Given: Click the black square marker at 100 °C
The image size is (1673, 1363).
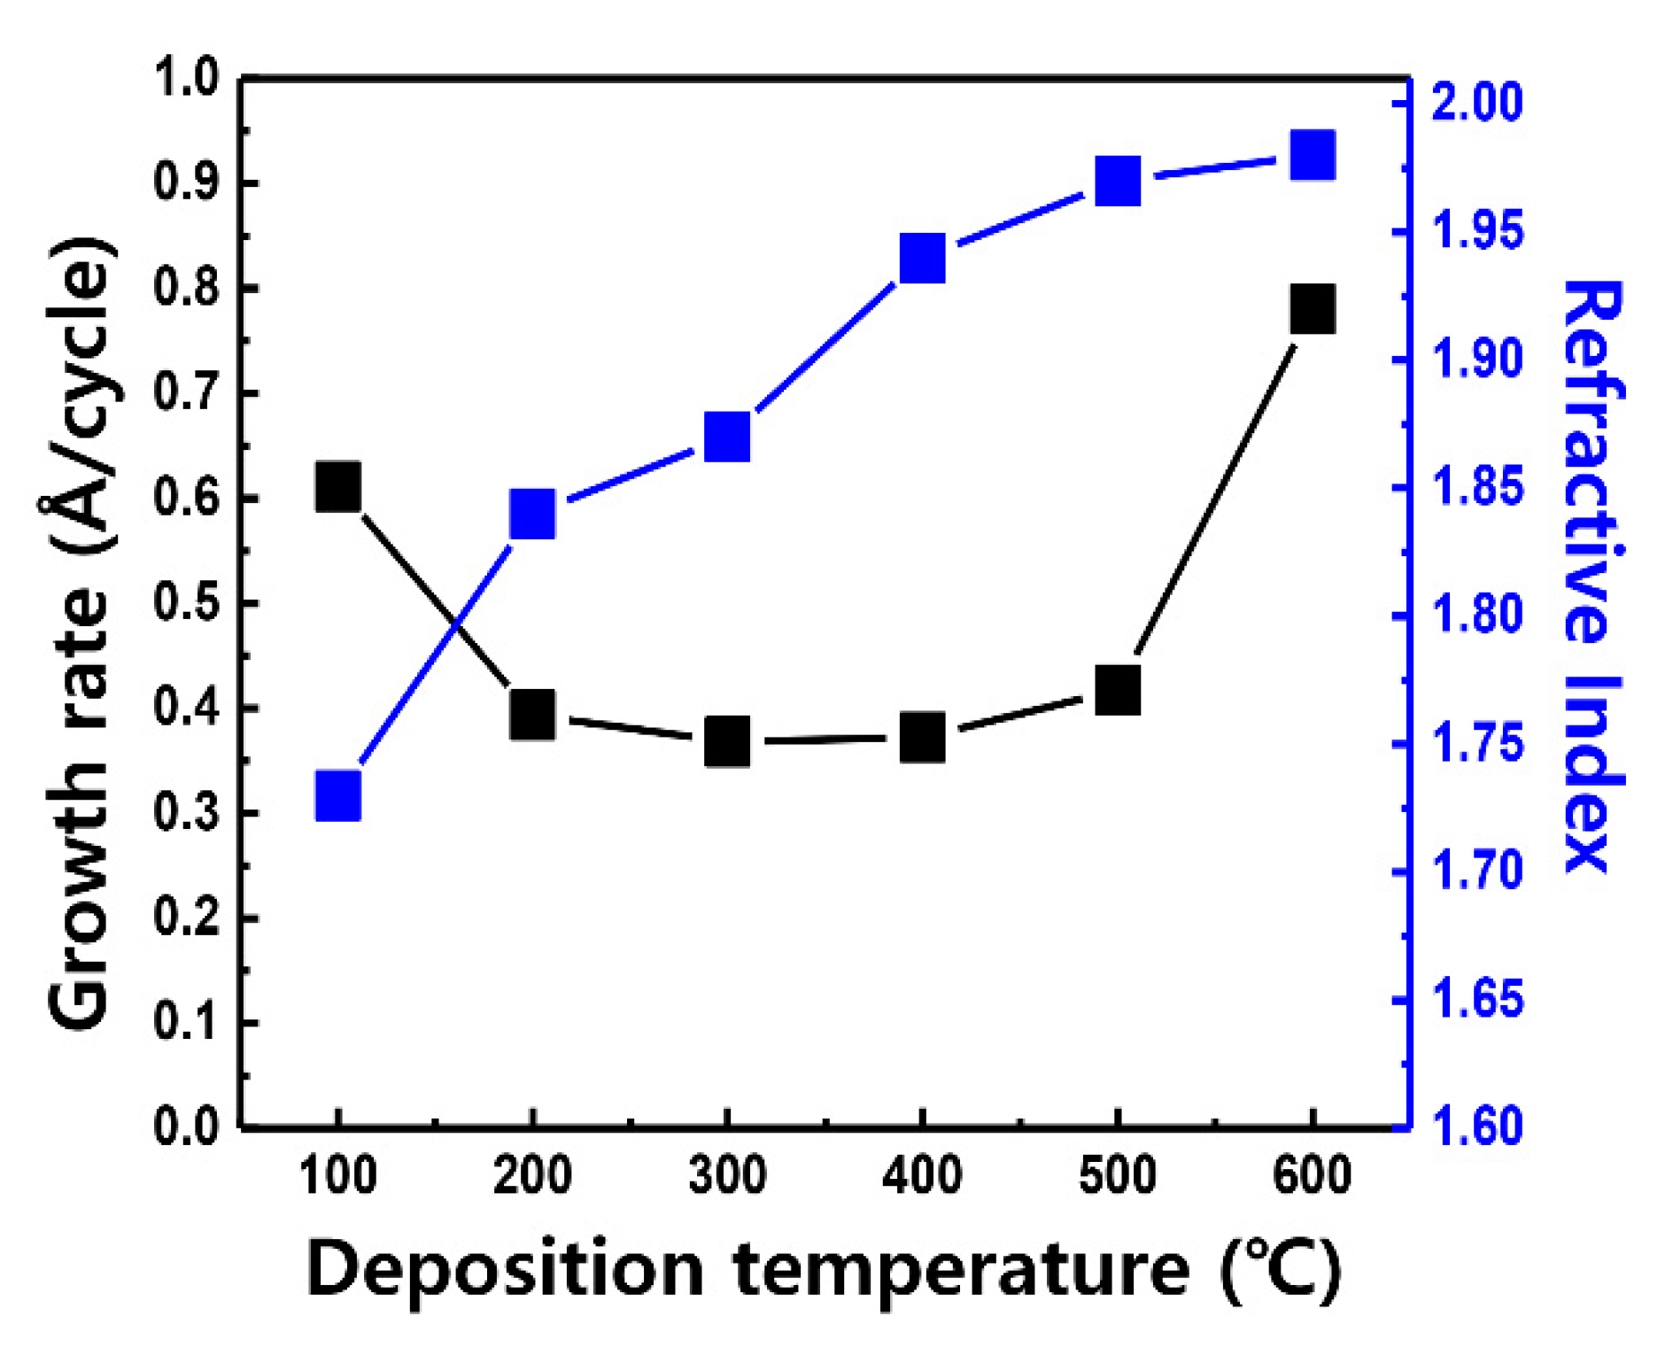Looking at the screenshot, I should pyautogui.click(x=337, y=486).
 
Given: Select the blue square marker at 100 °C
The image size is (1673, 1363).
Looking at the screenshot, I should pyautogui.click(x=337, y=795).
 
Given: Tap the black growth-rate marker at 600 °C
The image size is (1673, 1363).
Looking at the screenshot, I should pyautogui.click(x=1312, y=309).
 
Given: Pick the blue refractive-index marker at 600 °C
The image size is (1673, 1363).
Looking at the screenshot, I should pyautogui.click(x=1312, y=156).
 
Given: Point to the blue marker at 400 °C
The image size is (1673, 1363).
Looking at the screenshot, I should pyautogui.click(x=922, y=259).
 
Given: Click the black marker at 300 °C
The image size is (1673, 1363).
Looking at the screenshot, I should pyautogui.click(x=727, y=741).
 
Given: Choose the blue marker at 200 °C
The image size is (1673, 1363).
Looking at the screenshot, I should pyautogui.click(x=532, y=514).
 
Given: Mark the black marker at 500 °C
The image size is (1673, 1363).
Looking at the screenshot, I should pyautogui.click(x=1117, y=691).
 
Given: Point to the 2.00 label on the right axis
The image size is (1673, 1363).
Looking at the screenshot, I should pyautogui.click(x=1477, y=103).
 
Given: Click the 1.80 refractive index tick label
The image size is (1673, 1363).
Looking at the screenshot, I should pyautogui.click(x=1477, y=616).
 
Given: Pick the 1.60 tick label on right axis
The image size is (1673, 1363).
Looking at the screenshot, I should pyautogui.click(x=1477, y=1127).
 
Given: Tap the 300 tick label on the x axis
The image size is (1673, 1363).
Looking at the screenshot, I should pyautogui.click(x=727, y=1177).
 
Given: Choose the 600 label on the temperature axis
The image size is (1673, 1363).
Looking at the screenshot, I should pyautogui.click(x=1312, y=1177).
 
